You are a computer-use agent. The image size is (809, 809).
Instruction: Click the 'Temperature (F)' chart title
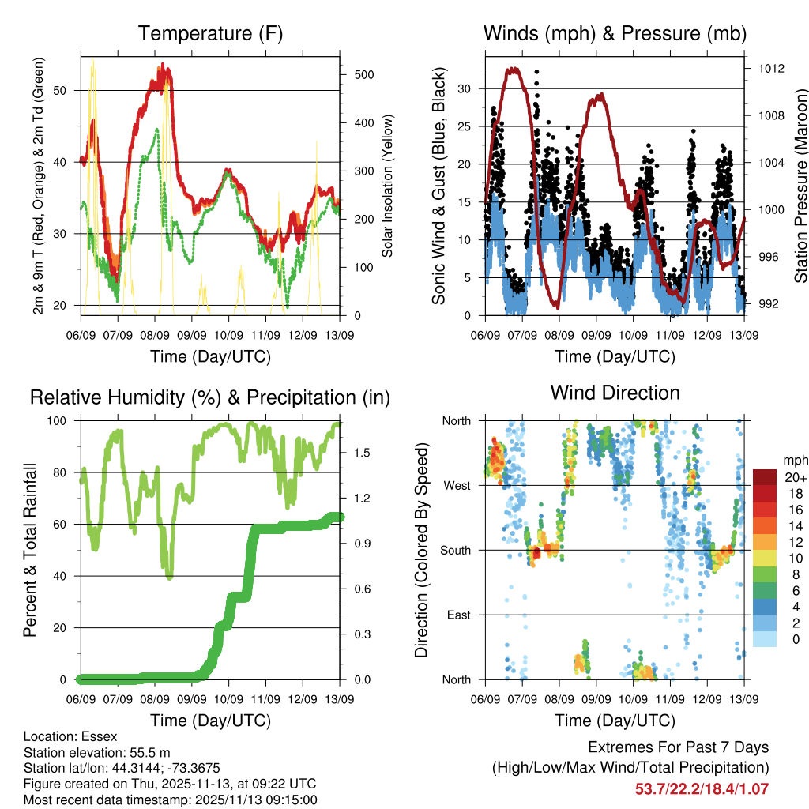[x=210, y=33]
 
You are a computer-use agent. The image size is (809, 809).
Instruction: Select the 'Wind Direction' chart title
[x=615, y=393]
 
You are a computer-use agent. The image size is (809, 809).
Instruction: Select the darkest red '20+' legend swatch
[x=764, y=477]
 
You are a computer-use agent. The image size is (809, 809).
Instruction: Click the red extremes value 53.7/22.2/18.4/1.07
[x=702, y=788]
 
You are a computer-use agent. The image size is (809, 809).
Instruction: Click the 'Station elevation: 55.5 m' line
[x=93, y=752]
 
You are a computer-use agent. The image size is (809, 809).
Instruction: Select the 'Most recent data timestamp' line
[x=171, y=800]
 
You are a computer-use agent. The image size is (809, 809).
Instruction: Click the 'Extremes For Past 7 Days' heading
[x=678, y=747]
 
